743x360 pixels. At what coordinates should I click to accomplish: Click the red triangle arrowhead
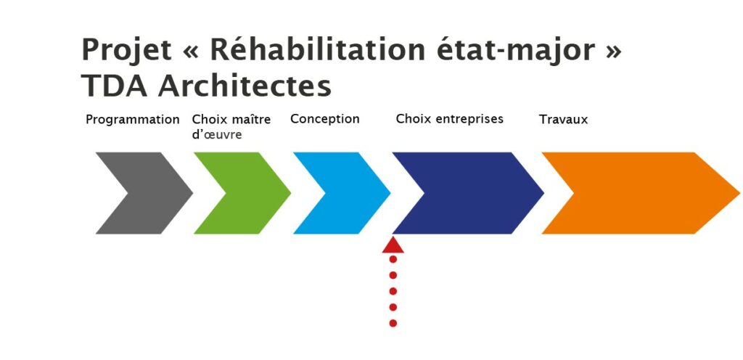pyautogui.click(x=393, y=246)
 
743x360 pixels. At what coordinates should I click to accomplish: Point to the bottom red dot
pyautogui.click(x=393, y=324)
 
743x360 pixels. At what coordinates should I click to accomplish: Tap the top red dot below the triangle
pyautogui.click(x=393, y=259)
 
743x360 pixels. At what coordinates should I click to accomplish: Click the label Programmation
pyautogui.click(x=133, y=120)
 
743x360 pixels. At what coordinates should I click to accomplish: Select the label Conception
pyautogui.click(x=325, y=119)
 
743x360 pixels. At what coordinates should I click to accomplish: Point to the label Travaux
pyautogui.click(x=563, y=119)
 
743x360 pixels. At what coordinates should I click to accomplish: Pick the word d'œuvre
pyautogui.click(x=216, y=134)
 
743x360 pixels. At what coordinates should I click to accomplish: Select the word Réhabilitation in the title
pyautogui.click(x=318, y=49)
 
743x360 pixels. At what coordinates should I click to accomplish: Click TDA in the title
pyautogui.click(x=115, y=86)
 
